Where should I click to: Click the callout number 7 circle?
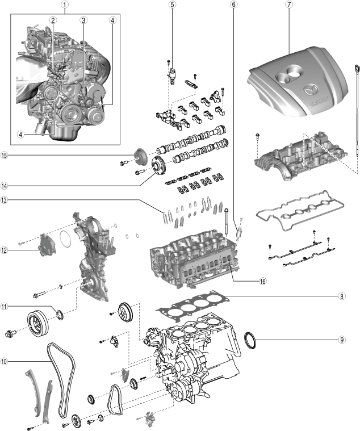pyautogui.click(x=290, y=5)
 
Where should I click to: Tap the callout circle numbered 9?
pyautogui.click(x=342, y=340)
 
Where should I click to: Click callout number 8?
pyautogui.click(x=342, y=296)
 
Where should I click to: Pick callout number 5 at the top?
pyautogui.click(x=172, y=5)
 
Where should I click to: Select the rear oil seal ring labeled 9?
pyautogui.click(x=250, y=340)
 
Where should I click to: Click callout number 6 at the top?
pyautogui.click(x=234, y=5)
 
